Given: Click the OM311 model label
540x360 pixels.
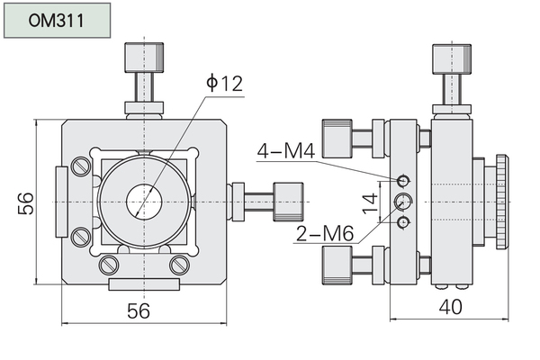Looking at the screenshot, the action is point(56,21).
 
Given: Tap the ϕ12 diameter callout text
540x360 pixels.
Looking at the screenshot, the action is point(224,83).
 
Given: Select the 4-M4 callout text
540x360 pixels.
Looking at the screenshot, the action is point(286,150).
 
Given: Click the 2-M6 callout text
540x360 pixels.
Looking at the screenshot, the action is point(324,233).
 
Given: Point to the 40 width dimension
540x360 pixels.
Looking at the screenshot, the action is point(451,307).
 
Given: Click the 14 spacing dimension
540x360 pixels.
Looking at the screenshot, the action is point(371,203).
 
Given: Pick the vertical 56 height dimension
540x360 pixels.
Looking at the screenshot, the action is point(26,203).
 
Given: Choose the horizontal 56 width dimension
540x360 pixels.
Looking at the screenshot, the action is point(139,310).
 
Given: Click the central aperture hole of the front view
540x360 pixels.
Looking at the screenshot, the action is point(144,202).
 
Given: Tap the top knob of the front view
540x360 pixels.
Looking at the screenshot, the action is point(144,58).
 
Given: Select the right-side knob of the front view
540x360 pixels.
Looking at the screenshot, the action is point(288,202).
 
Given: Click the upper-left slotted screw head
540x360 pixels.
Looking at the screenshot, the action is point(81,166).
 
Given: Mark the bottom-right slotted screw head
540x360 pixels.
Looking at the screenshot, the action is point(179,265).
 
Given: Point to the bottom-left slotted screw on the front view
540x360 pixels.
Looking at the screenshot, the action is point(109,265).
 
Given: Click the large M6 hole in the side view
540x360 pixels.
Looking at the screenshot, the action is point(403,202).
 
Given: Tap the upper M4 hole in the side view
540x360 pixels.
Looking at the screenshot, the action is point(403,181).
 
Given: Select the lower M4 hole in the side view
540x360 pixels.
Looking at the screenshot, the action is point(403,222).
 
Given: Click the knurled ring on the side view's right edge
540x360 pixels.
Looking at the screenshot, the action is point(502,202).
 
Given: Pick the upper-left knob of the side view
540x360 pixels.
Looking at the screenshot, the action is point(337,139).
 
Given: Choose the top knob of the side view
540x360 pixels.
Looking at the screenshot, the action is point(452,58).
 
